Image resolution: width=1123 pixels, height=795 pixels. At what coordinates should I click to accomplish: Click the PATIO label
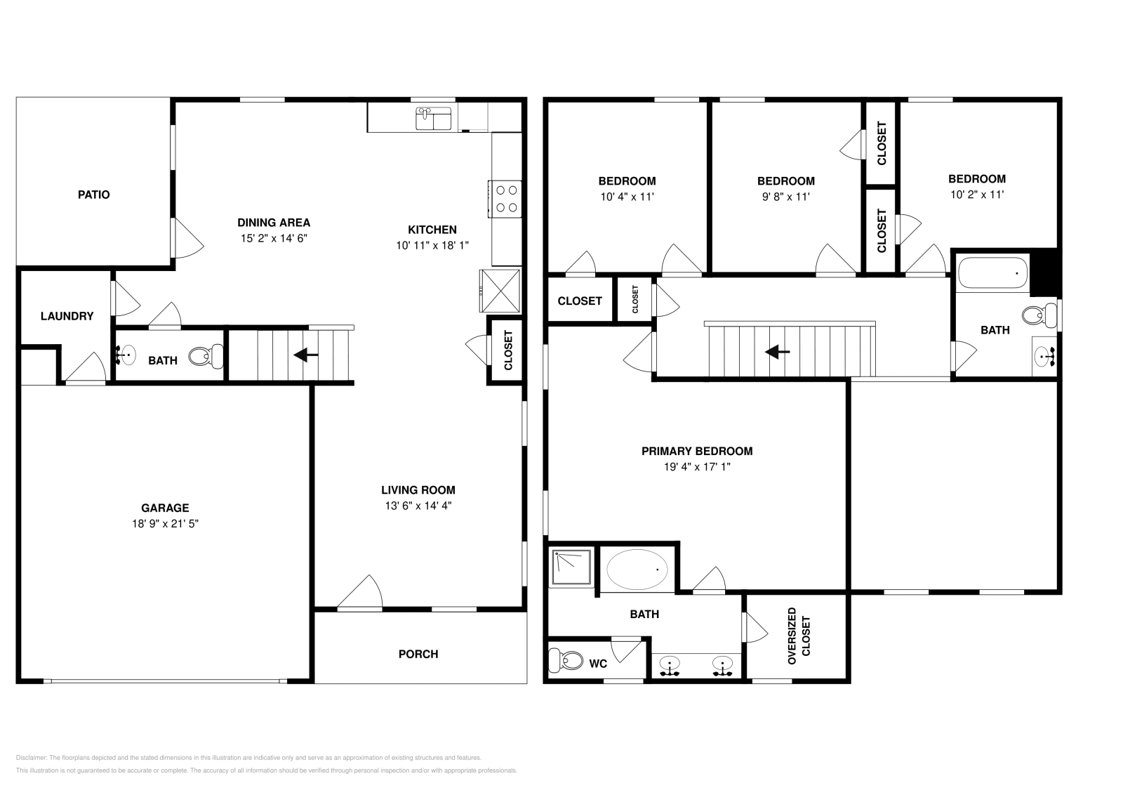click(94, 195)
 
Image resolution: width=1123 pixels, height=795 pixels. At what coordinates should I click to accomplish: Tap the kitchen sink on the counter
click(434, 119)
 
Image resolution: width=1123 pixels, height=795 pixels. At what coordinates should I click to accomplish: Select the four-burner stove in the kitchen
click(505, 199)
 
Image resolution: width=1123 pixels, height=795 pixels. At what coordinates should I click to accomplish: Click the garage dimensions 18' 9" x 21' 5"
click(165, 524)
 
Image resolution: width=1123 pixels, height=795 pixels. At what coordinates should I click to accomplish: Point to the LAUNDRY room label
click(67, 316)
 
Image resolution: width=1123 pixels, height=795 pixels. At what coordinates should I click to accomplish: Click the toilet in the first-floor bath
click(206, 356)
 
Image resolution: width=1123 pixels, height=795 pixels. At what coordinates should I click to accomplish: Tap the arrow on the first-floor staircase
click(306, 355)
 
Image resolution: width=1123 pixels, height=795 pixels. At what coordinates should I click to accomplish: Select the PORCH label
click(418, 654)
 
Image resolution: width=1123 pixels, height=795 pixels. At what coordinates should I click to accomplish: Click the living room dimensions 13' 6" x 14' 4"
click(418, 506)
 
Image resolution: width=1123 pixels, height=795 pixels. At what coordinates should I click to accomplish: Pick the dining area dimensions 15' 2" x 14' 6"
click(274, 238)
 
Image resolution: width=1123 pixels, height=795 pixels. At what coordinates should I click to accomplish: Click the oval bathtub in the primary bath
click(637, 570)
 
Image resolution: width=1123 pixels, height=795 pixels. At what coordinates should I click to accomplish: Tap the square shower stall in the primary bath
click(572, 567)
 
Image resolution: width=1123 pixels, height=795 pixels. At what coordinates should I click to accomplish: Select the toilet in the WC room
click(566, 660)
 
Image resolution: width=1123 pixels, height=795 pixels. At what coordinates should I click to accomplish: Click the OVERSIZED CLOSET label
click(799, 636)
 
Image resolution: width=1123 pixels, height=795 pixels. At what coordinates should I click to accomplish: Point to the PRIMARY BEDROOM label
click(697, 452)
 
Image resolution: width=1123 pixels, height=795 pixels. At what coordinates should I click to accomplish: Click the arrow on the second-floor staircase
click(777, 352)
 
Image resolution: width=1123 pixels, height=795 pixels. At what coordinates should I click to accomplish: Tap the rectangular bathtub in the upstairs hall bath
click(992, 273)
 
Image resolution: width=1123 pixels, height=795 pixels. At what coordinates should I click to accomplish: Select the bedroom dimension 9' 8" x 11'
click(785, 197)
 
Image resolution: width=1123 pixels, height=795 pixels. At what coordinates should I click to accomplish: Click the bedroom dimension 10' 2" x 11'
click(976, 195)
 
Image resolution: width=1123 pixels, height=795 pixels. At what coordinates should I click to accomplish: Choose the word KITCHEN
click(432, 230)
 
